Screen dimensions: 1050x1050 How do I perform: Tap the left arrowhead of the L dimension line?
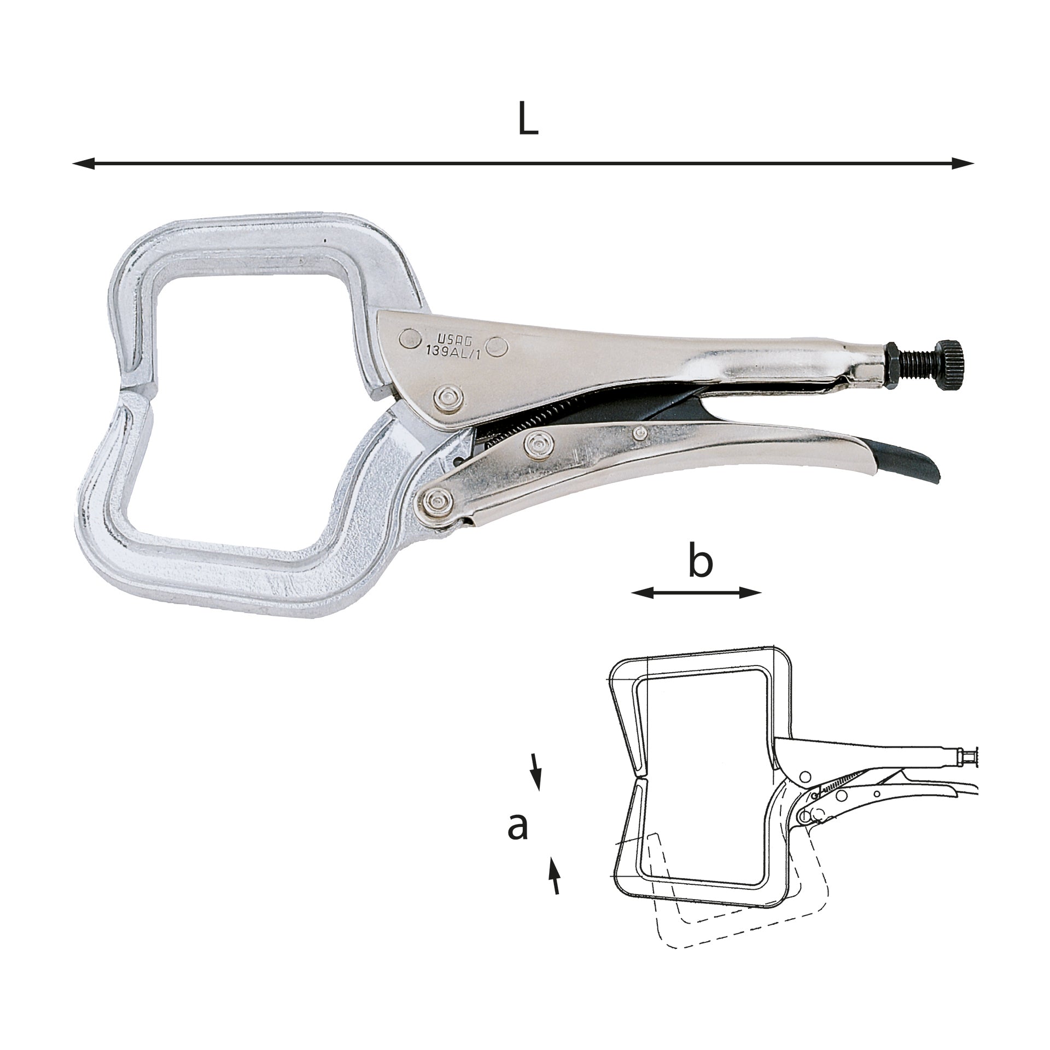coord(84,163)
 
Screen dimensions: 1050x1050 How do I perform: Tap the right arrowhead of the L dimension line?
coord(963,163)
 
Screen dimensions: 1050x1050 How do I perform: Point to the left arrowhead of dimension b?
coord(642,592)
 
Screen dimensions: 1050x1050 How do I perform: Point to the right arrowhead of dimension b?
coord(750,592)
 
